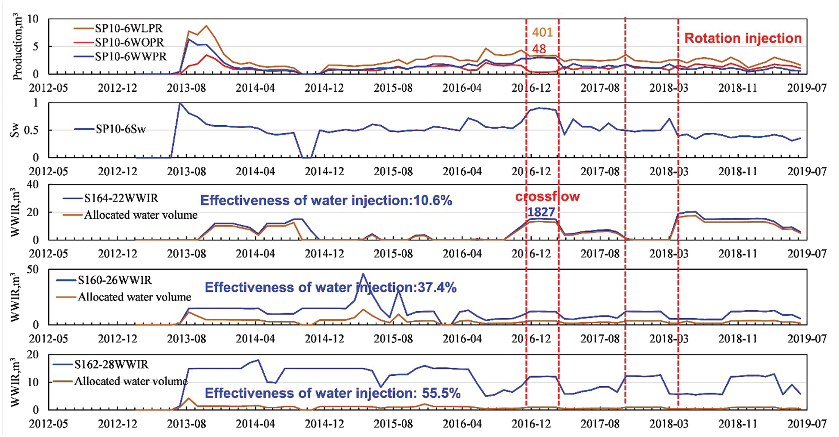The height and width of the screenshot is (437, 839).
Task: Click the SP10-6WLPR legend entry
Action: coord(129,29)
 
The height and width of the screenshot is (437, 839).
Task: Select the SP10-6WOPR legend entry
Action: coord(129,43)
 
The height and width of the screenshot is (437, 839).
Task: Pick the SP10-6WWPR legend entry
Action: coord(130,56)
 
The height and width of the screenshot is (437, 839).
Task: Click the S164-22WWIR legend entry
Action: coord(121,198)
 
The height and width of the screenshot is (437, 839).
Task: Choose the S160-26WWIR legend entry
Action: coord(114,280)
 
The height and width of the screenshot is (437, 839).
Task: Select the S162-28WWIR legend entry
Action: coord(111,365)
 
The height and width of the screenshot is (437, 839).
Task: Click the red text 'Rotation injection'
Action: coord(743,38)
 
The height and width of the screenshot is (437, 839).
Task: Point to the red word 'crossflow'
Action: coord(547,197)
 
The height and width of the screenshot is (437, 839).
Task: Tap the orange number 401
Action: coord(542,32)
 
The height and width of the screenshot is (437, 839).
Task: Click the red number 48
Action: coord(539,49)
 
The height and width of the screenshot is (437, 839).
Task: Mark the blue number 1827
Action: coord(541,212)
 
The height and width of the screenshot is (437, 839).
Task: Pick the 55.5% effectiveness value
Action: coord(441,393)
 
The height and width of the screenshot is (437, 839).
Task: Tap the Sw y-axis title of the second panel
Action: coord(15,130)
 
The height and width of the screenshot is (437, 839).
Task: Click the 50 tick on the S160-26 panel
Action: coord(33,270)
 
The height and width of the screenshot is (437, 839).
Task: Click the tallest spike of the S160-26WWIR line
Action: coord(363,274)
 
